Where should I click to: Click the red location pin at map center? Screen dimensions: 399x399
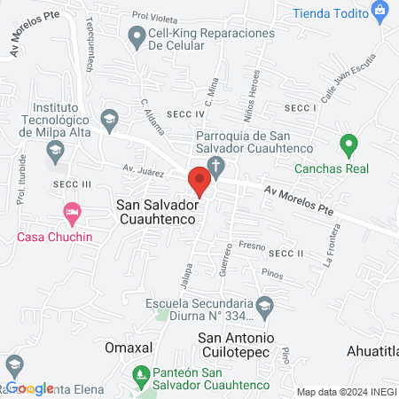tap(199, 182)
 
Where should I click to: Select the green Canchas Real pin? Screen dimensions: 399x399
tap(348, 143)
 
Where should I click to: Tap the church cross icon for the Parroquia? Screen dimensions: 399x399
tap(215, 165)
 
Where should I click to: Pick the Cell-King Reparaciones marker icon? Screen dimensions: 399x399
tap(137, 36)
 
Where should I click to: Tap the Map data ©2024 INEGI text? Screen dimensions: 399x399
tap(346, 391)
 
